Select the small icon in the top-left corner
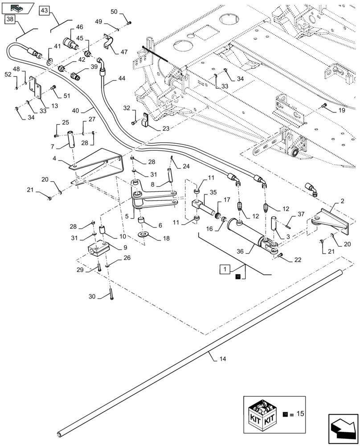(x=17, y=7)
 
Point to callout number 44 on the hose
(x=122, y=78)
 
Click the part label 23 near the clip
(x=153, y=128)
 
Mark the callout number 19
(x=341, y=109)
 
